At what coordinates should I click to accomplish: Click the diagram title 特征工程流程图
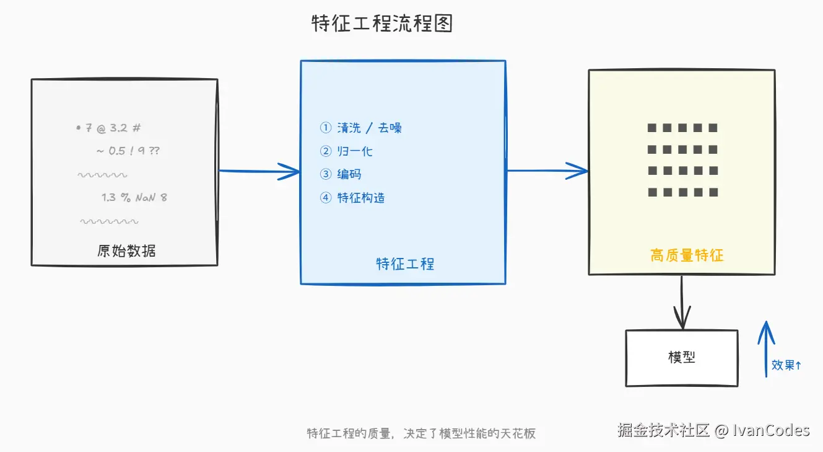(x=382, y=24)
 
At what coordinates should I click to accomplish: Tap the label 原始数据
(x=126, y=250)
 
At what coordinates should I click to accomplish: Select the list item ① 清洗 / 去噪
(x=361, y=128)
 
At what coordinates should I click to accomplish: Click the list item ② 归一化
(x=346, y=151)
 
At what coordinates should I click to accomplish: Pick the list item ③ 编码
(x=341, y=174)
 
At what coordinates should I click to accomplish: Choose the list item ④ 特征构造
(x=352, y=198)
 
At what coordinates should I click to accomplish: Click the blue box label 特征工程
(x=405, y=264)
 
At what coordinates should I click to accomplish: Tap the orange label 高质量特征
(x=687, y=255)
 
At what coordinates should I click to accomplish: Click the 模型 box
(x=681, y=358)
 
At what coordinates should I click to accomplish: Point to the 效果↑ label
(x=786, y=365)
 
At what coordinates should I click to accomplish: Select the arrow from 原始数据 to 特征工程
(x=259, y=171)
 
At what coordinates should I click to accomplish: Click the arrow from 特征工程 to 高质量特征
(x=547, y=171)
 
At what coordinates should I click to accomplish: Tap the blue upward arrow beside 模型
(x=766, y=347)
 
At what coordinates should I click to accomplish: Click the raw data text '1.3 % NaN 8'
(x=134, y=198)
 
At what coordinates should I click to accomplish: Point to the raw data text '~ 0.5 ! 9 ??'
(x=128, y=151)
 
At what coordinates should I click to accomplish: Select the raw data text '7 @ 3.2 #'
(x=110, y=128)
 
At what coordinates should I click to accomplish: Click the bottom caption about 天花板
(x=421, y=433)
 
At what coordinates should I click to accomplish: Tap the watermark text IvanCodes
(x=771, y=430)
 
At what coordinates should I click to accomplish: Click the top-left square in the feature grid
(x=651, y=128)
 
